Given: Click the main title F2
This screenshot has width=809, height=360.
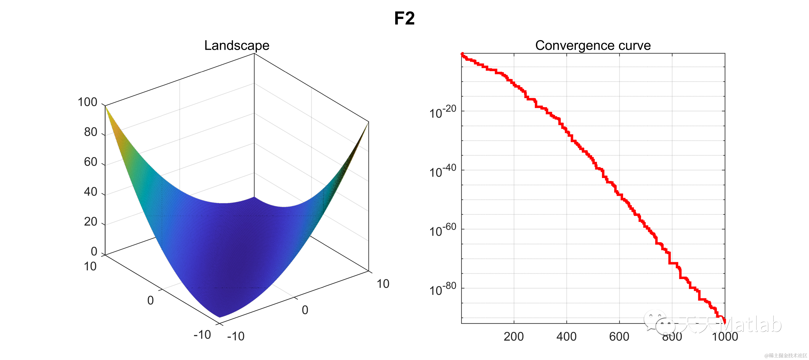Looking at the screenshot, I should coord(404,18).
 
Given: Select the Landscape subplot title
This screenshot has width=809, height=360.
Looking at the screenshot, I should coord(236,45).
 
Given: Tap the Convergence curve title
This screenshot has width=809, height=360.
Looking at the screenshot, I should coord(593,45).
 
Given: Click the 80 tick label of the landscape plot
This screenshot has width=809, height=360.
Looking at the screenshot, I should coord(90,132).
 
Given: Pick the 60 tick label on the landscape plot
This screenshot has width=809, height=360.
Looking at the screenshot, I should coord(90,162).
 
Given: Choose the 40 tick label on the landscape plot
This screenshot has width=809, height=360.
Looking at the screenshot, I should coord(90,192).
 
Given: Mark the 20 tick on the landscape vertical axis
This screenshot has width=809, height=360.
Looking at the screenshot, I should coord(90,222).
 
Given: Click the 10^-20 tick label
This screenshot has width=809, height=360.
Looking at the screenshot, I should coord(442,112).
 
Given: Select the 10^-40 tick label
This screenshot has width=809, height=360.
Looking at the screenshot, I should coord(442,171).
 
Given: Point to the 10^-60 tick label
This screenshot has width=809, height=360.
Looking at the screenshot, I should coord(442,230).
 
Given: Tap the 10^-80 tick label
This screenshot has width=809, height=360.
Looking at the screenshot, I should coord(442,289).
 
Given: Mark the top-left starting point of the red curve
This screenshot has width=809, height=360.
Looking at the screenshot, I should coord(462,54).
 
